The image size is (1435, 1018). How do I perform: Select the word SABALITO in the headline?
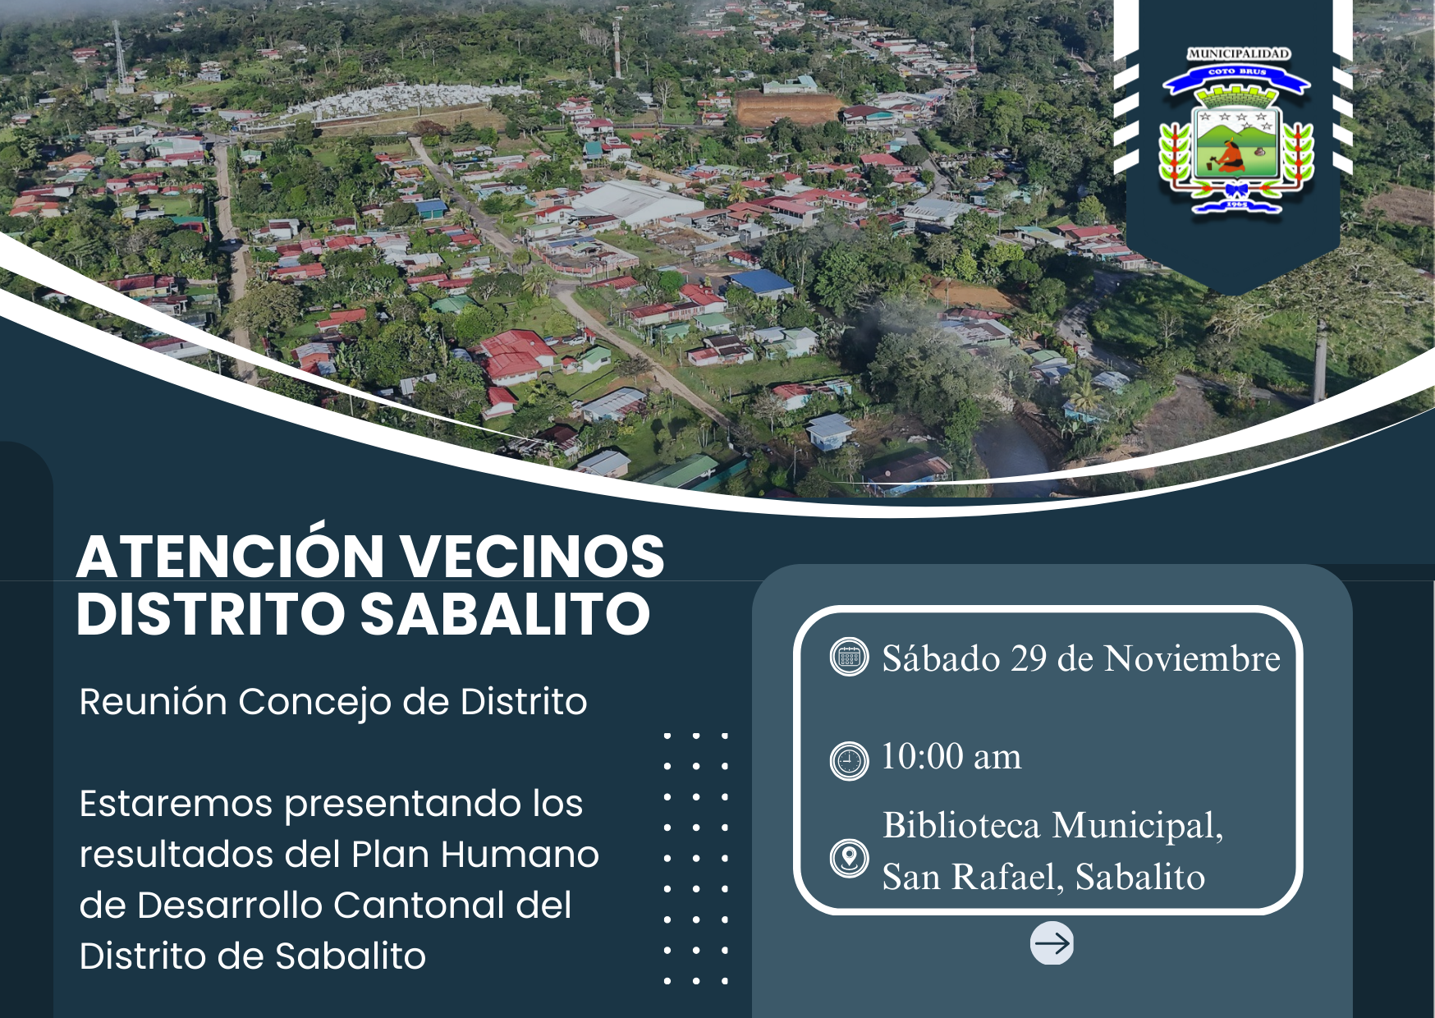[505, 613]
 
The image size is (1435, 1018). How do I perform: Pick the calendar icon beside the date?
[849, 657]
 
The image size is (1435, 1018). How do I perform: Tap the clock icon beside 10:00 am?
[849, 760]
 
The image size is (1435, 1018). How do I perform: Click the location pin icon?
[849, 859]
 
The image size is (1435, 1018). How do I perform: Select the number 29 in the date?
[1029, 658]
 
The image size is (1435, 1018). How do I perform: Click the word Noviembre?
[1192, 658]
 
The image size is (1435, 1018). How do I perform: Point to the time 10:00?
[922, 756]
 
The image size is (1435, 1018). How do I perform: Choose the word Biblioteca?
[961, 824]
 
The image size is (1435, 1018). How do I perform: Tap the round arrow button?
[1052, 942]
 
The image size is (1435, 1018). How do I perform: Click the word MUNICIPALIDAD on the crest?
[1239, 54]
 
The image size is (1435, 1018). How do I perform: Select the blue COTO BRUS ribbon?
[1236, 78]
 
